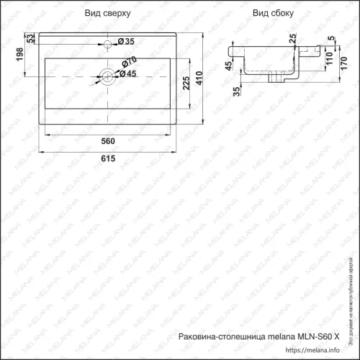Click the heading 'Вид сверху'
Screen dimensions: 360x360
click(108, 14)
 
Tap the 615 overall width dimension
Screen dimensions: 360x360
click(108, 159)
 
